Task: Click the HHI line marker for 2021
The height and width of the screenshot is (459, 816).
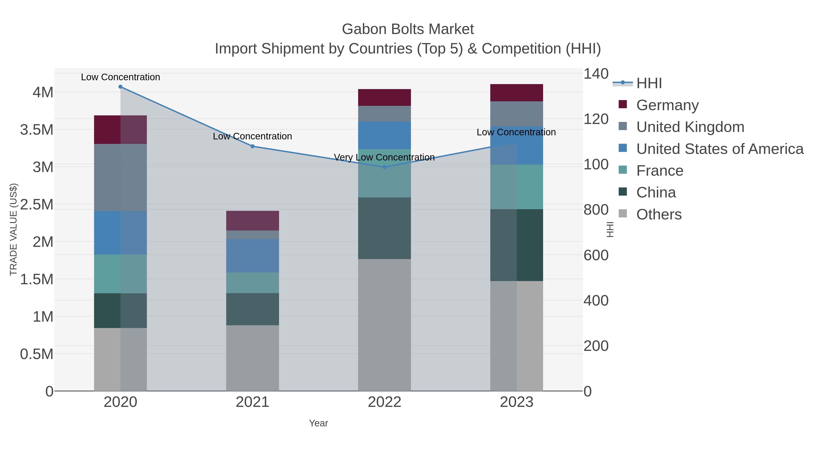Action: (253, 146)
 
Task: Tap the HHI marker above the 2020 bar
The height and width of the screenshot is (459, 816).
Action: (120, 87)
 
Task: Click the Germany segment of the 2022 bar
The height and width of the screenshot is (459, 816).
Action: (385, 97)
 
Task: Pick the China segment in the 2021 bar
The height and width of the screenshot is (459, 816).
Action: (253, 309)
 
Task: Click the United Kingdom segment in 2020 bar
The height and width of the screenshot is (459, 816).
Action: (120, 177)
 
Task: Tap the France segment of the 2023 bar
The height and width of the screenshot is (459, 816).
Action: (517, 187)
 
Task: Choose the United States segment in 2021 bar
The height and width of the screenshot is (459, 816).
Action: (253, 256)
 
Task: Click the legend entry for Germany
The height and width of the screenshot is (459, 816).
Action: (667, 105)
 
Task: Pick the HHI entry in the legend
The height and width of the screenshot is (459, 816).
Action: (649, 83)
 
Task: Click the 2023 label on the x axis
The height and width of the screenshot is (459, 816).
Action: (517, 402)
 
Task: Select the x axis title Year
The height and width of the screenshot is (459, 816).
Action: (318, 423)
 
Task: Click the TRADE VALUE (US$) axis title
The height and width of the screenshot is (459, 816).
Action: (13, 229)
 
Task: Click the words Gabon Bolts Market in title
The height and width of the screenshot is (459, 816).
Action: (408, 29)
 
